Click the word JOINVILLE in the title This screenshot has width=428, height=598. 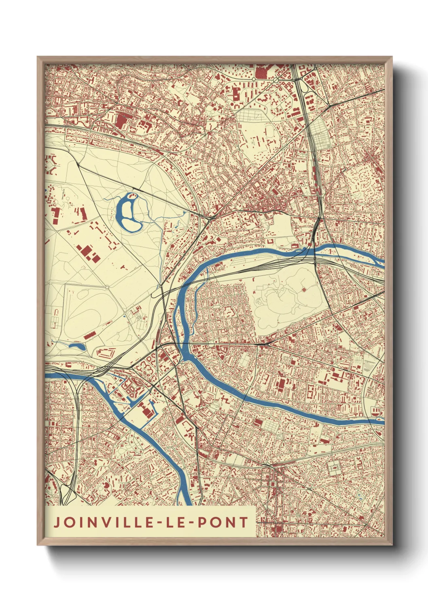tap(103, 522)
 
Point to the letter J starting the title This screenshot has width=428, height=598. tap(57, 522)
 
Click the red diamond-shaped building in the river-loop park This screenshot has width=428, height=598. tap(304, 290)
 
